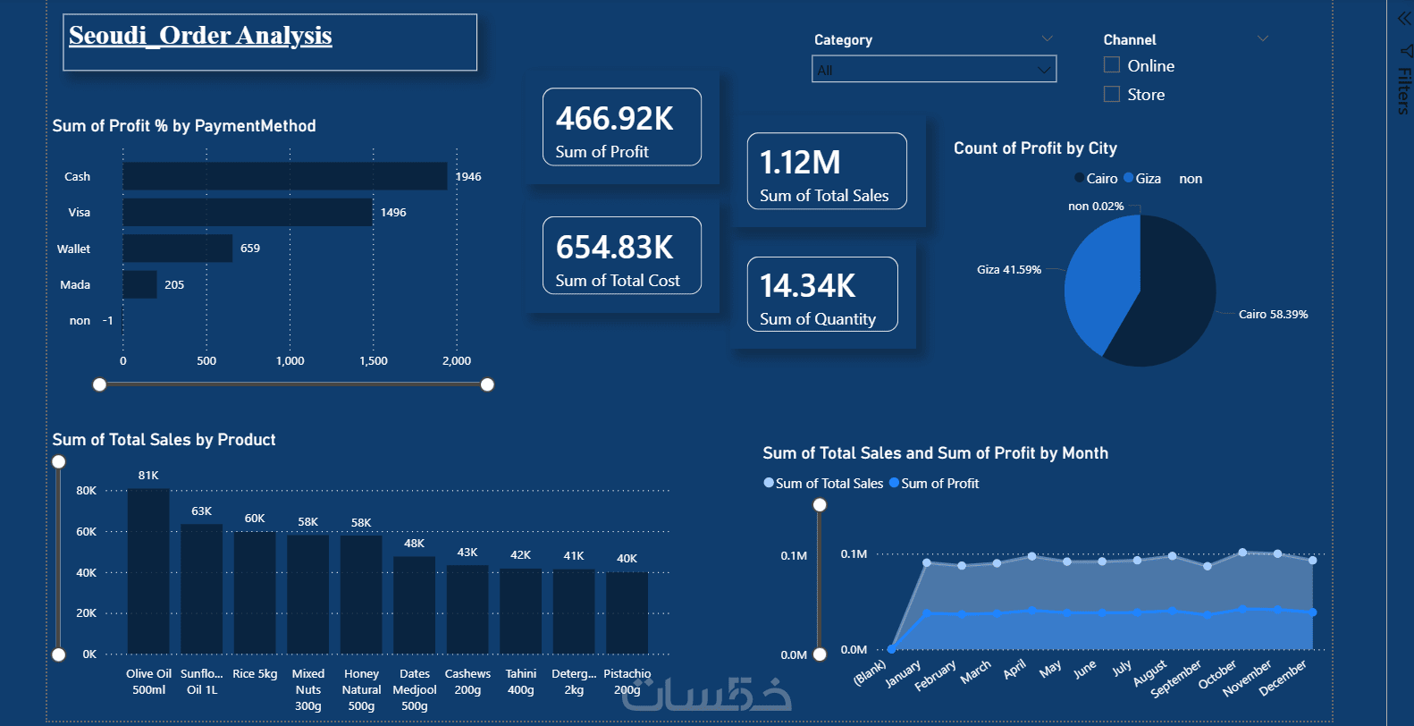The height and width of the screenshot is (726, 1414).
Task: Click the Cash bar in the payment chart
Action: (x=284, y=176)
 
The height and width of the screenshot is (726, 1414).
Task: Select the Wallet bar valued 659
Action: (x=178, y=249)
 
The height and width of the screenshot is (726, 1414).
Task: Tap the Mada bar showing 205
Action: (x=139, y=284)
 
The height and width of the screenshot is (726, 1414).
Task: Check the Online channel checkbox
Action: (x=1112, y=65)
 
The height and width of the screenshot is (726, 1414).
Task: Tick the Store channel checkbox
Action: (x=1112, y=94)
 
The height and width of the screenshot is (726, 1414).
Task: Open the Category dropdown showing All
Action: (x=933, y=70)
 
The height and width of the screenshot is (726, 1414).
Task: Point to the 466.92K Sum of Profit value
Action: (x=615, y=119)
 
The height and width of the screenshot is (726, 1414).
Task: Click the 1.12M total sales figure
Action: (x=800, y=163)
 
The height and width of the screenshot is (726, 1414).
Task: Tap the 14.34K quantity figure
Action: (x=807, y=286)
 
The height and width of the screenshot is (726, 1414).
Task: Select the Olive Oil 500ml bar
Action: (x=148, y=572)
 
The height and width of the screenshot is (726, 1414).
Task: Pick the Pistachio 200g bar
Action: (x=627, y=613)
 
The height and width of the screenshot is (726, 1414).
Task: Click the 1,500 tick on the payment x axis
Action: (x=374, y=361)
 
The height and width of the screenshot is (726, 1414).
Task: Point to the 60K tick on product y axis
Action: (x=87, y=532)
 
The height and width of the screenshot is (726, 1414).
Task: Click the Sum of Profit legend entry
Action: (x=939, y=484)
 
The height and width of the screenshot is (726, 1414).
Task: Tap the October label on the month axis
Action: (x=1217, y=675)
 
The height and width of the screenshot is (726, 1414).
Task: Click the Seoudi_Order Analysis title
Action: (x=200, y=36)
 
